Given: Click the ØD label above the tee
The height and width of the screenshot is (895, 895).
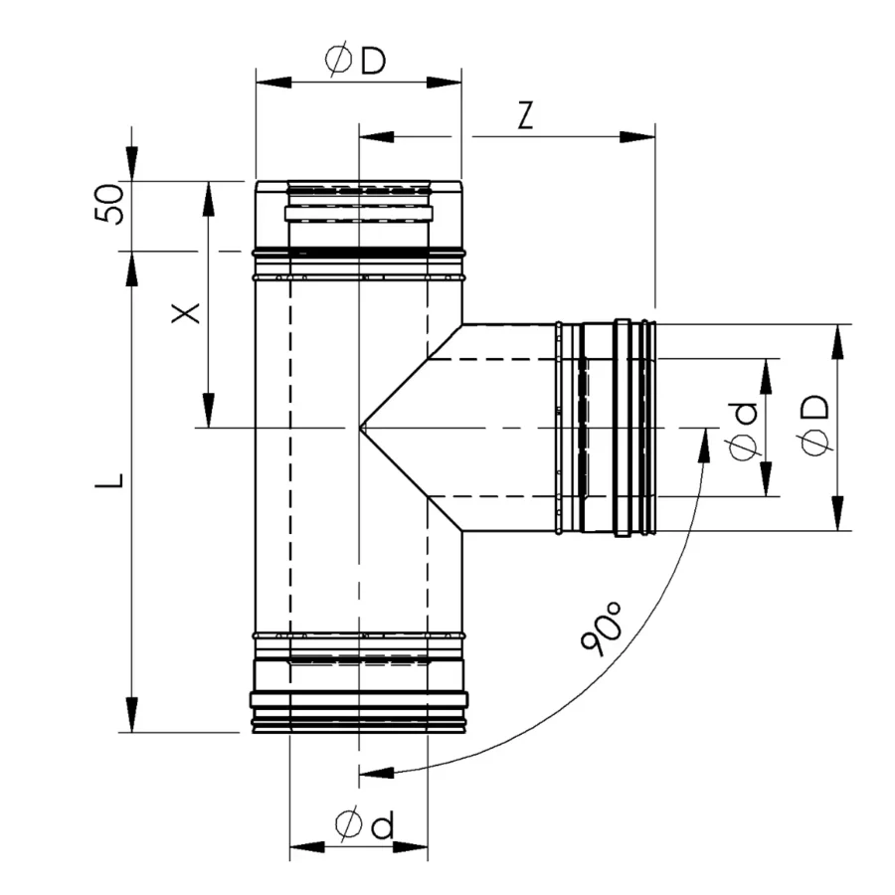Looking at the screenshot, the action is [x=356, y=61].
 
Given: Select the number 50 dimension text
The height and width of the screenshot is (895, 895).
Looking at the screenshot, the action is [x=109, y=204].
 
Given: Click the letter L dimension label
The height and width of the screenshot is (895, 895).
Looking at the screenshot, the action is [x=109, y=480].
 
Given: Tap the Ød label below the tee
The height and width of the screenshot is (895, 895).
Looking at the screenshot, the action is [x=365, y=824].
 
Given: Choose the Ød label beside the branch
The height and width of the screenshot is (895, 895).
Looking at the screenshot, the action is [x=743, y=431].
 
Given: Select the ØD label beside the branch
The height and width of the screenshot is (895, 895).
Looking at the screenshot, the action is [x=813, y=426].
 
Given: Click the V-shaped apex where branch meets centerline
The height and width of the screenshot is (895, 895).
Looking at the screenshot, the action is [x=360, y=427].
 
